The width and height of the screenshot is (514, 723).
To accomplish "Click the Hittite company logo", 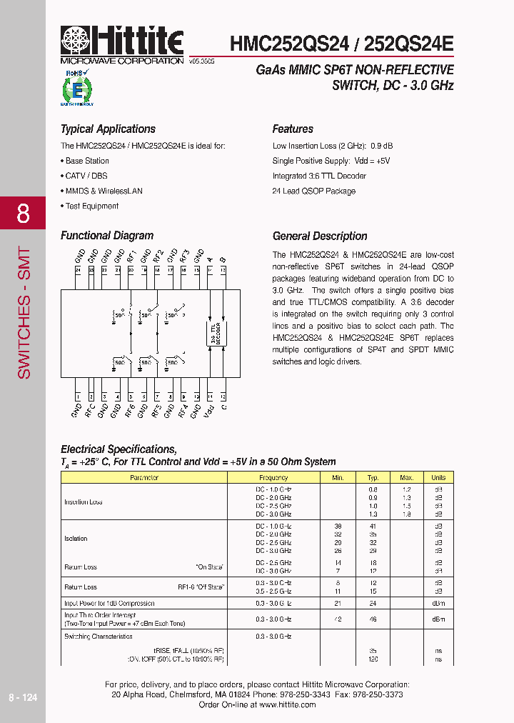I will point(122,42).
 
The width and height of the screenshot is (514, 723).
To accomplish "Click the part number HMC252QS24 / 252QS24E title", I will point(341,44).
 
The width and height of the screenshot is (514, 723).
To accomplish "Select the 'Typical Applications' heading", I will point(108,129).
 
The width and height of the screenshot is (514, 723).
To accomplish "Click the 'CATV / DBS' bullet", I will point(86,176).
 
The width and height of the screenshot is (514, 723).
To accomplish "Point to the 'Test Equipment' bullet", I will point(91,206).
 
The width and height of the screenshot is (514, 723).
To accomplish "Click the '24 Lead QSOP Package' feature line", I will point(313,191).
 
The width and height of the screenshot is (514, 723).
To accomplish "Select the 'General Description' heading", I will point(320,236).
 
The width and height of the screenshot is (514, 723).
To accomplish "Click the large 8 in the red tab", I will point(23,214).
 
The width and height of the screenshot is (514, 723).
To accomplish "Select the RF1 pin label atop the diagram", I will point(131,256).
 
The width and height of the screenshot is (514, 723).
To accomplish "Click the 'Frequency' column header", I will point(273,477).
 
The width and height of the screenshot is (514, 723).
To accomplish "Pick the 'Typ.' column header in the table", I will point(373,477).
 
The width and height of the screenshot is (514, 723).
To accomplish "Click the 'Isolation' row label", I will point(76,539).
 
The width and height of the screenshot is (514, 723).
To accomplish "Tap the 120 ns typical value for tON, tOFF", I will point(373,659).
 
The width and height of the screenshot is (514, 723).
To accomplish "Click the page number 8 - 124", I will point(23,697).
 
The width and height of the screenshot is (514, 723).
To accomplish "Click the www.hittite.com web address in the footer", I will point(287,704).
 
